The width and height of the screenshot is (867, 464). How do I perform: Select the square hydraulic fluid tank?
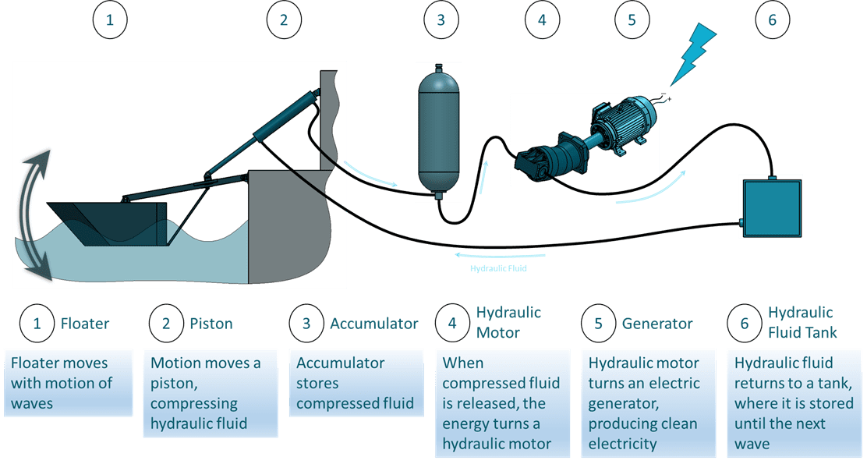(770, 207)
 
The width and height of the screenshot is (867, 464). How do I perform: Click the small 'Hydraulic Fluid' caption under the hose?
(498, 268)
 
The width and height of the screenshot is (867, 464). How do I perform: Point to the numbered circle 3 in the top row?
(441, 20)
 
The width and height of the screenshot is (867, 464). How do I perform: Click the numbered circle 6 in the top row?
(772, 20)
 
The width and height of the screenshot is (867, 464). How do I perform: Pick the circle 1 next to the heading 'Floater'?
(36, 323)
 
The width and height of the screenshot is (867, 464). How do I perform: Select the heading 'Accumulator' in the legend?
(373, 323)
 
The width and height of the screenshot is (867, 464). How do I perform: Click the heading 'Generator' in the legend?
(656, 323)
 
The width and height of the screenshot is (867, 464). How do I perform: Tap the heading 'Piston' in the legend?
(211, 323)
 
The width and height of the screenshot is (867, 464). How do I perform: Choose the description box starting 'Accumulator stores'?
(356, 383)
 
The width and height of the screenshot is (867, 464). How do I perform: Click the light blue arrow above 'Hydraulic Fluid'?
(500, 255)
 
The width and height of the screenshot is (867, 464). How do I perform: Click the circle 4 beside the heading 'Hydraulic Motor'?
(452, 323)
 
